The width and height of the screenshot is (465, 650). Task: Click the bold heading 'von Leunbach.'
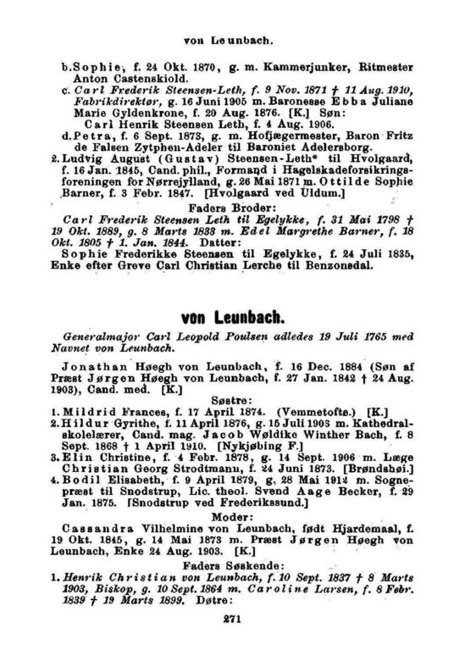(232, 319)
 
